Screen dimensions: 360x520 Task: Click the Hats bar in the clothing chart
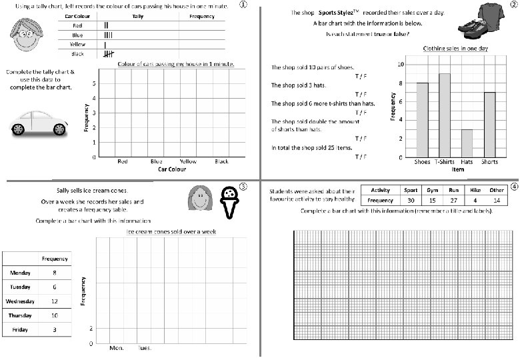click(x=467, y=143)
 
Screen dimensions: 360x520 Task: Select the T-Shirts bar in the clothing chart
click(x=445, y=115)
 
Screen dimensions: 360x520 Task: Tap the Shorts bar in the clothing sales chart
click(x=490, y=125)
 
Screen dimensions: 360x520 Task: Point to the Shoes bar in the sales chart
click(x=422, y=120)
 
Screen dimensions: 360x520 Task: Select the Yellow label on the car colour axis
click(x=188, y=161)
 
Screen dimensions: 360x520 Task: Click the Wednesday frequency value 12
click(x=55, y=301)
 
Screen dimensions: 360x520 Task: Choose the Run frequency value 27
click(x=454, y=200)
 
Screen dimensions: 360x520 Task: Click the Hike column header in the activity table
click(x=475, y=190)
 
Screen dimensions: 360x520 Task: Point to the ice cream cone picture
click(x=230, y=203)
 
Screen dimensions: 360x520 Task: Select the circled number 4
click(x=515, y=187)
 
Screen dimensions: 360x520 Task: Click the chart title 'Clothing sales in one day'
click(x=455, y=49)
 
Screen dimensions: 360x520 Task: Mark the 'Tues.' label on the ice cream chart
click(x=144, y=348)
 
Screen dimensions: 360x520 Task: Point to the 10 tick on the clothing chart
click(x=399, y=65)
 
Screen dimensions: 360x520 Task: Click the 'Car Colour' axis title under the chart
click(x=171, y=169)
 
